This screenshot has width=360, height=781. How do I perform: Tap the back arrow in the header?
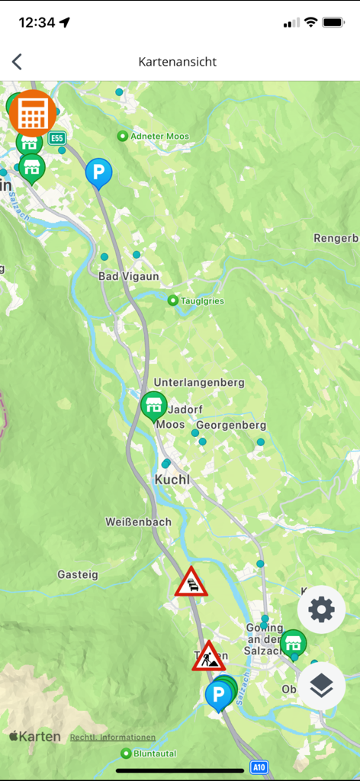[x=17, y=62]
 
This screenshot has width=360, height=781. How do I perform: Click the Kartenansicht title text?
[x=177, y=62]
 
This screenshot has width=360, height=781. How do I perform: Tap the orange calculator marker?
[x=31, y=113]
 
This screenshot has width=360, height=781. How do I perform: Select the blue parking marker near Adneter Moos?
[x=98, y=172]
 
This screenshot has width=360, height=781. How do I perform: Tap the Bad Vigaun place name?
[x=129, y=276]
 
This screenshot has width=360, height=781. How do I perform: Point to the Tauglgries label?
[x=201, y=301]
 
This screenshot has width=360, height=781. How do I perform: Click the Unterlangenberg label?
[x=198, y=382]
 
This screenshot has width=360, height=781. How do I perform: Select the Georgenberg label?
[x=231, y=425]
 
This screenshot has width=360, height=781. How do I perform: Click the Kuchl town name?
[x=172, y=480]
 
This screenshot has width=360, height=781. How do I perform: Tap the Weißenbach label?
[x=138, y=522]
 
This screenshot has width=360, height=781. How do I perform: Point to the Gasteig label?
[x=78, y=574]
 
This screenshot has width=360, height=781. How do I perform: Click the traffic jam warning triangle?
[x=191, y=583]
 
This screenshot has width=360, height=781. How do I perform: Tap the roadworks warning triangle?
[x=207, y=657]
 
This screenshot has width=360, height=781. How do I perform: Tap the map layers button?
[x=321, y=686]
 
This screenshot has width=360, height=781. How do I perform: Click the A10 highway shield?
[x=259, y=767]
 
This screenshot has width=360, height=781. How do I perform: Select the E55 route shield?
[x=56, y=138]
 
